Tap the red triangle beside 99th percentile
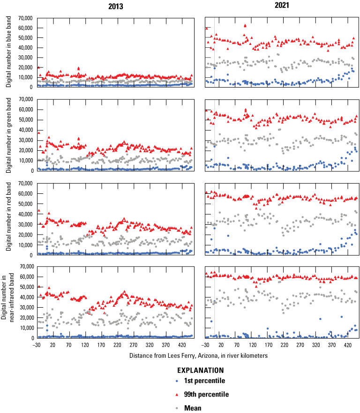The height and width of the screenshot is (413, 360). click(x=177, y=394)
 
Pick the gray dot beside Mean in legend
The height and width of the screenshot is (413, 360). click(x=177, y=407)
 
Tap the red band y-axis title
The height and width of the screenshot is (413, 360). click(x=9, y=219)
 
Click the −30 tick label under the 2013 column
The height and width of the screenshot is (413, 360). click(x=36, y=345)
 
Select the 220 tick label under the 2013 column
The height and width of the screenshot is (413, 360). click(x=117, y=345)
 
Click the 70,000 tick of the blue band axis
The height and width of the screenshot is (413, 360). click(x=24, y=18)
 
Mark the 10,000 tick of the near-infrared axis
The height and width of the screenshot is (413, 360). click(x=24, y=328)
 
